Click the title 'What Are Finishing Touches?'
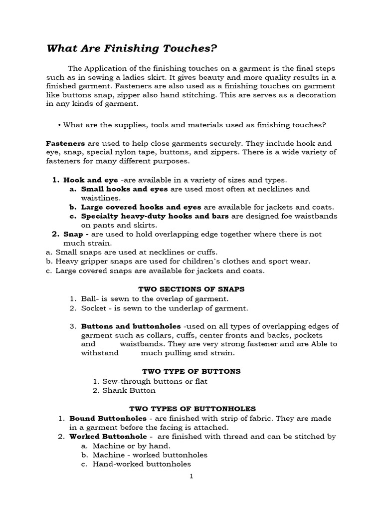point(132,48)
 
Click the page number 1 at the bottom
point(191,476)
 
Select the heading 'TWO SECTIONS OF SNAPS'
point(191,289)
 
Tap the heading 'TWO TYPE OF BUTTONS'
point(191,371)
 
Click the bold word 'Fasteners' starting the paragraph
point(65,143)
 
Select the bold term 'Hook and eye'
point(91,180)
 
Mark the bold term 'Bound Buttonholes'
point(108,418)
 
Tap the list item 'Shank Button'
point(129,390)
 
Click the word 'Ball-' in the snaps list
point(90,299)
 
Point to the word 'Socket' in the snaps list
point(93,308)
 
